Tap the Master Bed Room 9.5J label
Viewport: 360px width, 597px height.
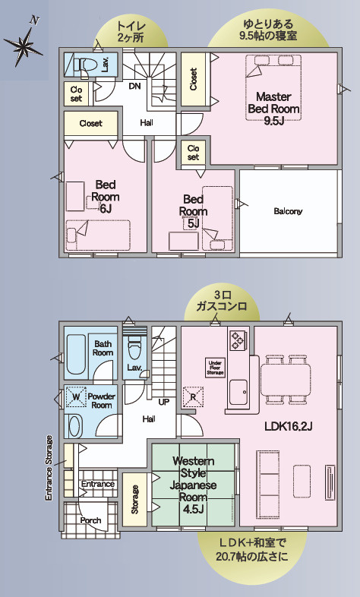pos(273,109)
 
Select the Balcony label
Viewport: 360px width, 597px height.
pos(288,211)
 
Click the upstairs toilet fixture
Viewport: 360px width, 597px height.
pos(84,65)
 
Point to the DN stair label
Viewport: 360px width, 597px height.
pos(134,86)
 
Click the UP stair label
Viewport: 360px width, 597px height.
pos(163,402)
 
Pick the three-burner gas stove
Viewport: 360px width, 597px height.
pos(237,340)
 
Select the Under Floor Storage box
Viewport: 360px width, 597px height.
pos(215,368)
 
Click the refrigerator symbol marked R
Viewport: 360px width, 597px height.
pos(193,397)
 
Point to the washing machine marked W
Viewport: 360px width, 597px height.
pos(77,397)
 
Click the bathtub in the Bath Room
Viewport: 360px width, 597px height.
pos(76,355)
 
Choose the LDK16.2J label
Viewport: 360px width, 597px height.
pos(289,426)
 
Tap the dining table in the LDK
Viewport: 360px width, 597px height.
pos(286,380)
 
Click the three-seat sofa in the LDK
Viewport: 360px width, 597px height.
pos(268,474)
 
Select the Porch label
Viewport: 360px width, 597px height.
pos(90,520)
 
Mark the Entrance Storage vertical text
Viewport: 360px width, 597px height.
pos(49,468)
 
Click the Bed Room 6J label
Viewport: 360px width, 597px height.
pos(106,197)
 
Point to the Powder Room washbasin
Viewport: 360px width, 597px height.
pos(74,425)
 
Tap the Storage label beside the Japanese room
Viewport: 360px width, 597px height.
pos(134,500)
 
